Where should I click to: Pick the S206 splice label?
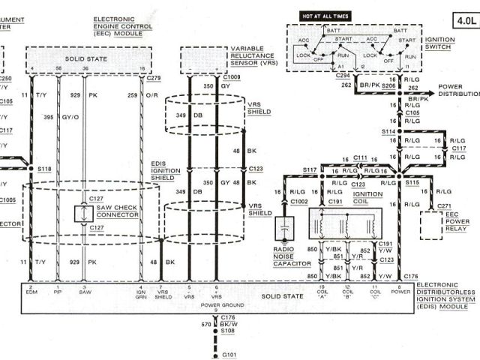tap(388, 87)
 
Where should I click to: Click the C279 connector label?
tap(156, 76)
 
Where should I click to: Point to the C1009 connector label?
tap(231, 76)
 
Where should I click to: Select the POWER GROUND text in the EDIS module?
tap(217, 304)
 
